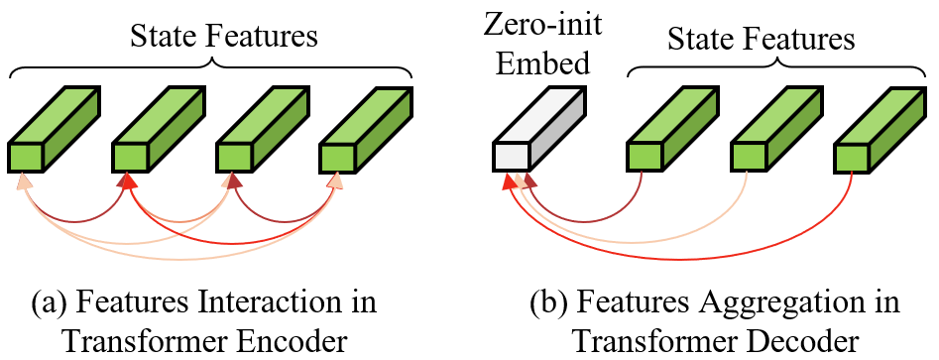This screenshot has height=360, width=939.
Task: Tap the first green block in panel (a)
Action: click(54, 129)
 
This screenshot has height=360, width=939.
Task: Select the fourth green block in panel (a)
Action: click(366, 129)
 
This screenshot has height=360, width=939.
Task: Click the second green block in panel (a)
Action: click(159, 129)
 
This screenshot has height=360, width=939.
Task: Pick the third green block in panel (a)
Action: click(262, 129)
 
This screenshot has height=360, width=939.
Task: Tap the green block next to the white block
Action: click(672, 129)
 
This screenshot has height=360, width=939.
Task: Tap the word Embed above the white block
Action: click(543, 61)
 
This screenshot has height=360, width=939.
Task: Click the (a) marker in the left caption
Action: click(48, 303)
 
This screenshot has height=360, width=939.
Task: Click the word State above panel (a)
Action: click(163, 37)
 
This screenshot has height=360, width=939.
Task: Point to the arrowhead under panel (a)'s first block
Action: click(22, 180)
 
